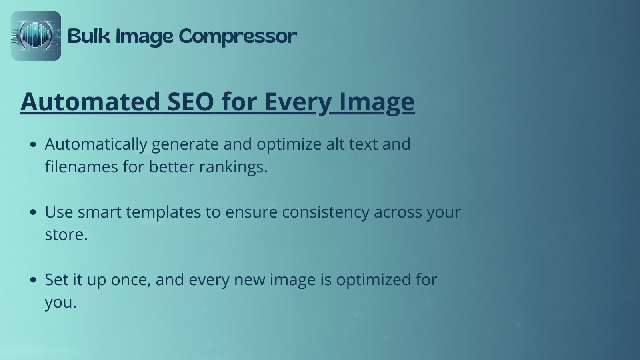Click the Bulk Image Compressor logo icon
click(36, 36)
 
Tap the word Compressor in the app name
click(238, 36)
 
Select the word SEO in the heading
click(190, 102)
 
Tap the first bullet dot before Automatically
click(34, 145)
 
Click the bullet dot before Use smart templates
click(34, 212)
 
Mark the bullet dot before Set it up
click(34, 280)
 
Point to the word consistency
click(325, 212)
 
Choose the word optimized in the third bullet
click(369, 280)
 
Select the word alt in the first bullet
click(335, 144)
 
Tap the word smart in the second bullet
click(99, 212)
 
